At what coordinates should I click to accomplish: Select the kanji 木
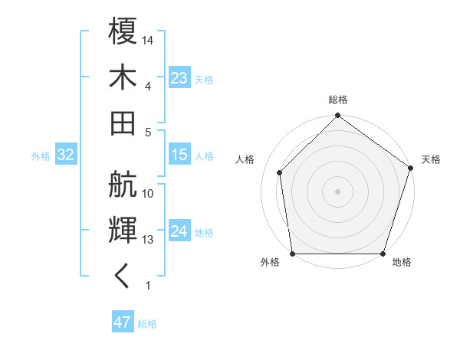(x=123, y=77)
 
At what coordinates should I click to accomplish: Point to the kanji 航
(x=123, y=185)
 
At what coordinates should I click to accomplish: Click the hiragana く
(x=123, y=276)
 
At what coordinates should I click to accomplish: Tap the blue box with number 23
(x=179, y=78)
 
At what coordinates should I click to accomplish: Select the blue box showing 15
(x=179, y=155)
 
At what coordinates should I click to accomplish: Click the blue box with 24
(x=179, y=231)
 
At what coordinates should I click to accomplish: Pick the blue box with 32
(x=65, y=155)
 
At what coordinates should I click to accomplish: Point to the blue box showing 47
(x=123, y=322)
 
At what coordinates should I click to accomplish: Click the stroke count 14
(x=149, y=39)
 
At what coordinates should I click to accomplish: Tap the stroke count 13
(x=149, y=240)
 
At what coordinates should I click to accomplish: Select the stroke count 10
(x=149, y=194)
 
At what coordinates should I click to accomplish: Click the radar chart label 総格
(x=338, y=100)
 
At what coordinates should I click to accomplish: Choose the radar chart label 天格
(x=431, y=159)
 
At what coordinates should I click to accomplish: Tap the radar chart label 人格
(x=245, y=159)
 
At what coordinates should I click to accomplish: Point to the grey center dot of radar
(x=338, y=191)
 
